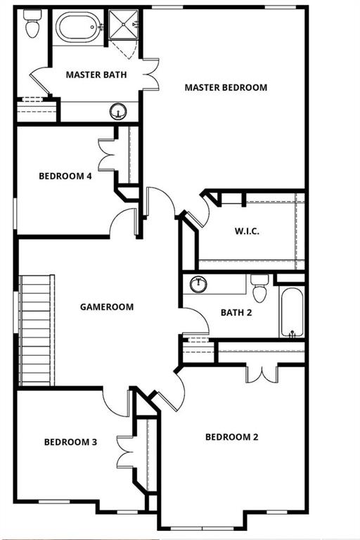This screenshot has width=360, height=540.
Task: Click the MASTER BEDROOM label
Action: pyautogui.click(x=226, y=88)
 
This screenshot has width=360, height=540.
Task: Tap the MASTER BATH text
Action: pyautogui.click(x=96, y=75)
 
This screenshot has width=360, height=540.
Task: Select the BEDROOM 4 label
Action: pyautogui.click(x=65, y=176)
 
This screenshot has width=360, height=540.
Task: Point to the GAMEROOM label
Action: pyautogui.click(x=107, y=307)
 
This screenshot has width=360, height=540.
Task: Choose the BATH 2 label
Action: pyautogui.click(x=236, y=313)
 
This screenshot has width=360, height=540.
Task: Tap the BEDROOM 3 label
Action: pyautogui.click(x=70, y=442)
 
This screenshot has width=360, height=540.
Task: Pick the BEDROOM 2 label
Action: pyautogui.click(x=231, y=437)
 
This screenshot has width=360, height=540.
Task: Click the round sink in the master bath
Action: pyautogui.click(x=118, y=111)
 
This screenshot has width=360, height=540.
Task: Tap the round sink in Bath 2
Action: pyautogui.click(x=200, y=285)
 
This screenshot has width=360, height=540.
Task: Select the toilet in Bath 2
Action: pyautogui.click(x=259, y=289)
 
